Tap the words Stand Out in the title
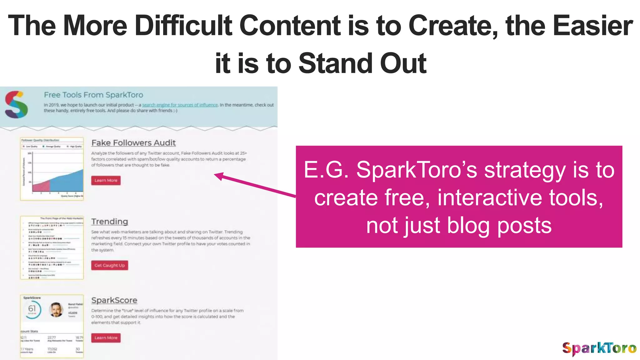pos(362,63)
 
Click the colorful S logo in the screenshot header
pos(16,105)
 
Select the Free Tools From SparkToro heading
pos(93,95)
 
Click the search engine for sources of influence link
pos(180,105)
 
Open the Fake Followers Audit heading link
pos(133,143)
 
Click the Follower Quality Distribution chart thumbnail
pos(52,169)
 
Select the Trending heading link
pos(110,222)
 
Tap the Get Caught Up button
pos(109,265)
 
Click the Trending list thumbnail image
pos(52,247)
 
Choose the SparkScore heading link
pos(114,300)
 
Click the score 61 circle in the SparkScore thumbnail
pos(32,309)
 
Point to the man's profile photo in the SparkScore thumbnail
pos(56,310)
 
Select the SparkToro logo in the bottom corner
pos(599,348)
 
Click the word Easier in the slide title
pos(592,26)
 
